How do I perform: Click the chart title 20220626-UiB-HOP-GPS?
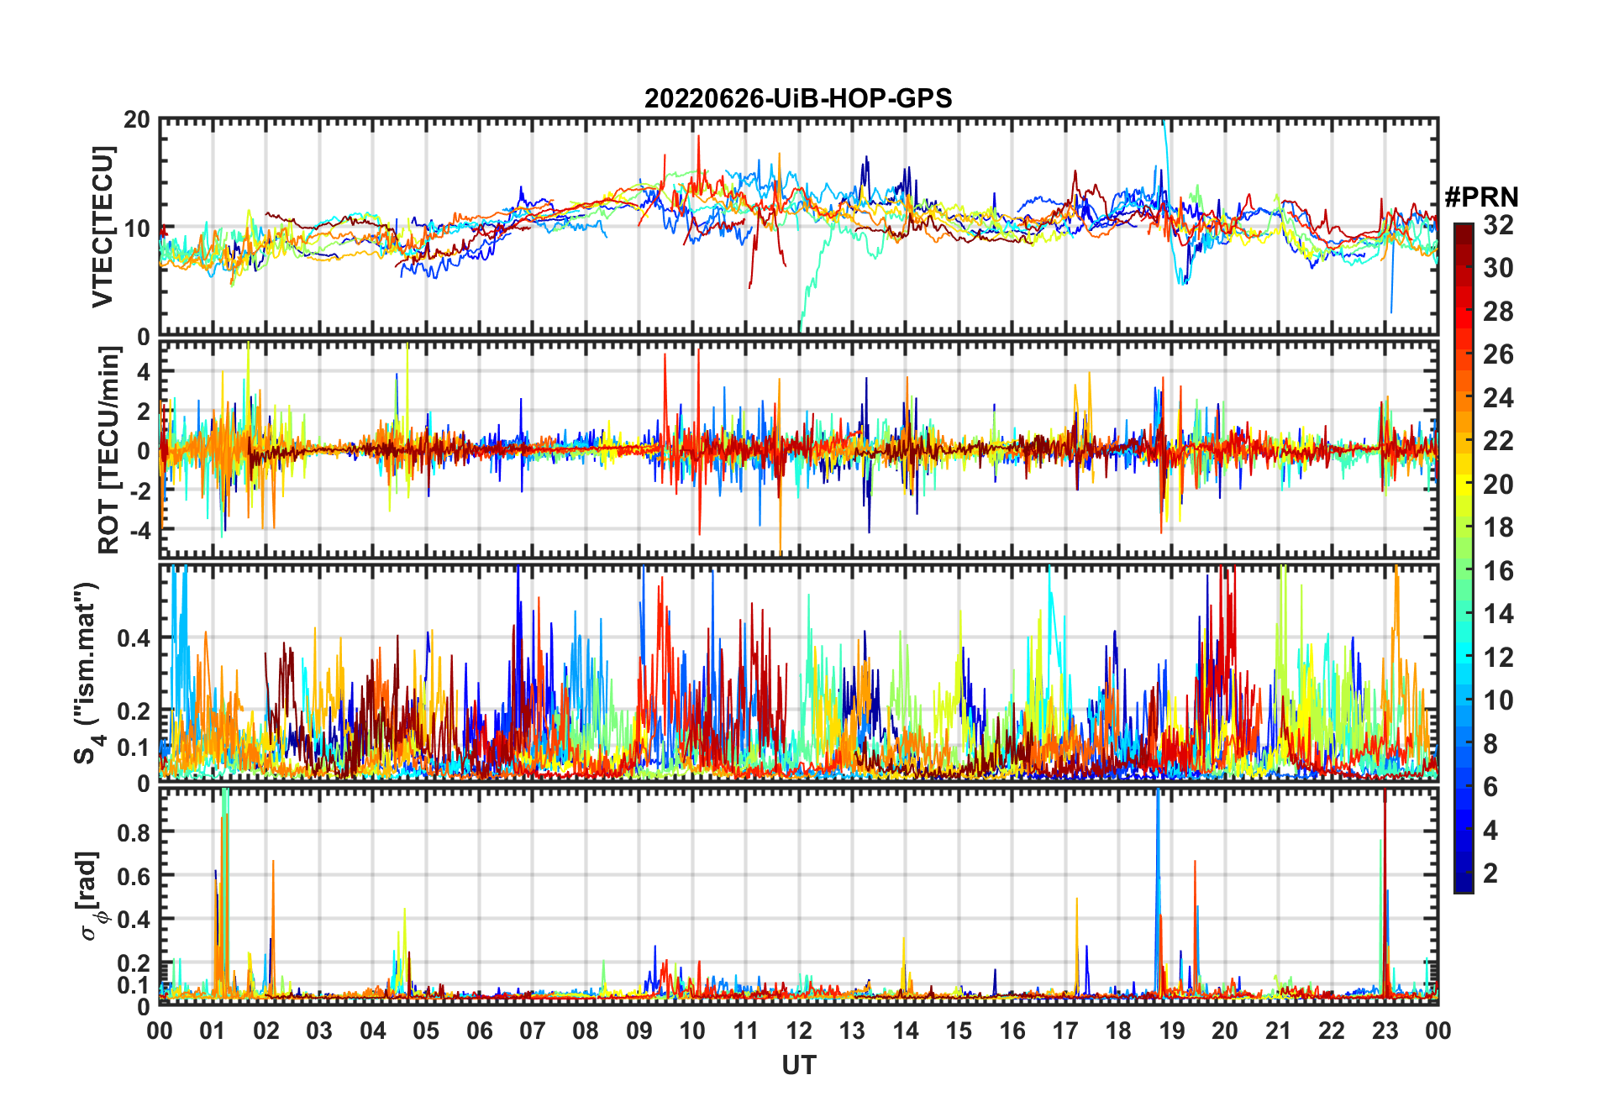click(798, 99)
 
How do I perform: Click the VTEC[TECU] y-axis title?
click(103, 227)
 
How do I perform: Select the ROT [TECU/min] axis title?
click(109, 450)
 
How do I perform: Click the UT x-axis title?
click(798, 1066)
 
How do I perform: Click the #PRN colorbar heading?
click(1481, 197)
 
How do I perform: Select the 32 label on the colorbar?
click(1498, 225)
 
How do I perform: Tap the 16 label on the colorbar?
click(1498, 571)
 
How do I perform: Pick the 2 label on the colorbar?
click(1490, 873)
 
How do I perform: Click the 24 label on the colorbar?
click(1498, 398)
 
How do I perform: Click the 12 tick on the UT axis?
click(799, 1030)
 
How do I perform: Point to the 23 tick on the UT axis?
click(1385, 1030)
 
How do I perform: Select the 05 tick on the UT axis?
click(426, 1030)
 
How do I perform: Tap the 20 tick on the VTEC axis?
click(137, 120)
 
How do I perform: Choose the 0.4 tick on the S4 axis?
click(134, 638)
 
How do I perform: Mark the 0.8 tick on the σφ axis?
click(134, 832)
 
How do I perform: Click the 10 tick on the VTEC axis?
click(137, 228)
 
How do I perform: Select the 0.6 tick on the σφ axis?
click(134, 876)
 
